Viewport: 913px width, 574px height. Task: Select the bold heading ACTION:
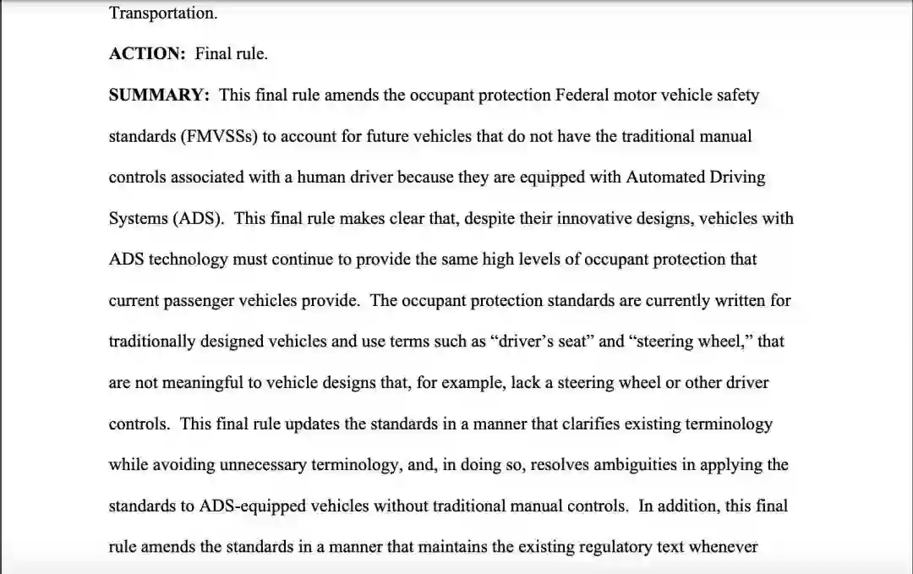pos(147,53)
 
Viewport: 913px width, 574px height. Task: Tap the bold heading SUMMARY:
pos(159,95)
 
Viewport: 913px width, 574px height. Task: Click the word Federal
pos(582,95)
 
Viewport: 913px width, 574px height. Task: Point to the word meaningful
pos(203,382)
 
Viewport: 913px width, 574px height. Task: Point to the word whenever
pos(724,547)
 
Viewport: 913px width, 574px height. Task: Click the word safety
pos(735,95)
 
